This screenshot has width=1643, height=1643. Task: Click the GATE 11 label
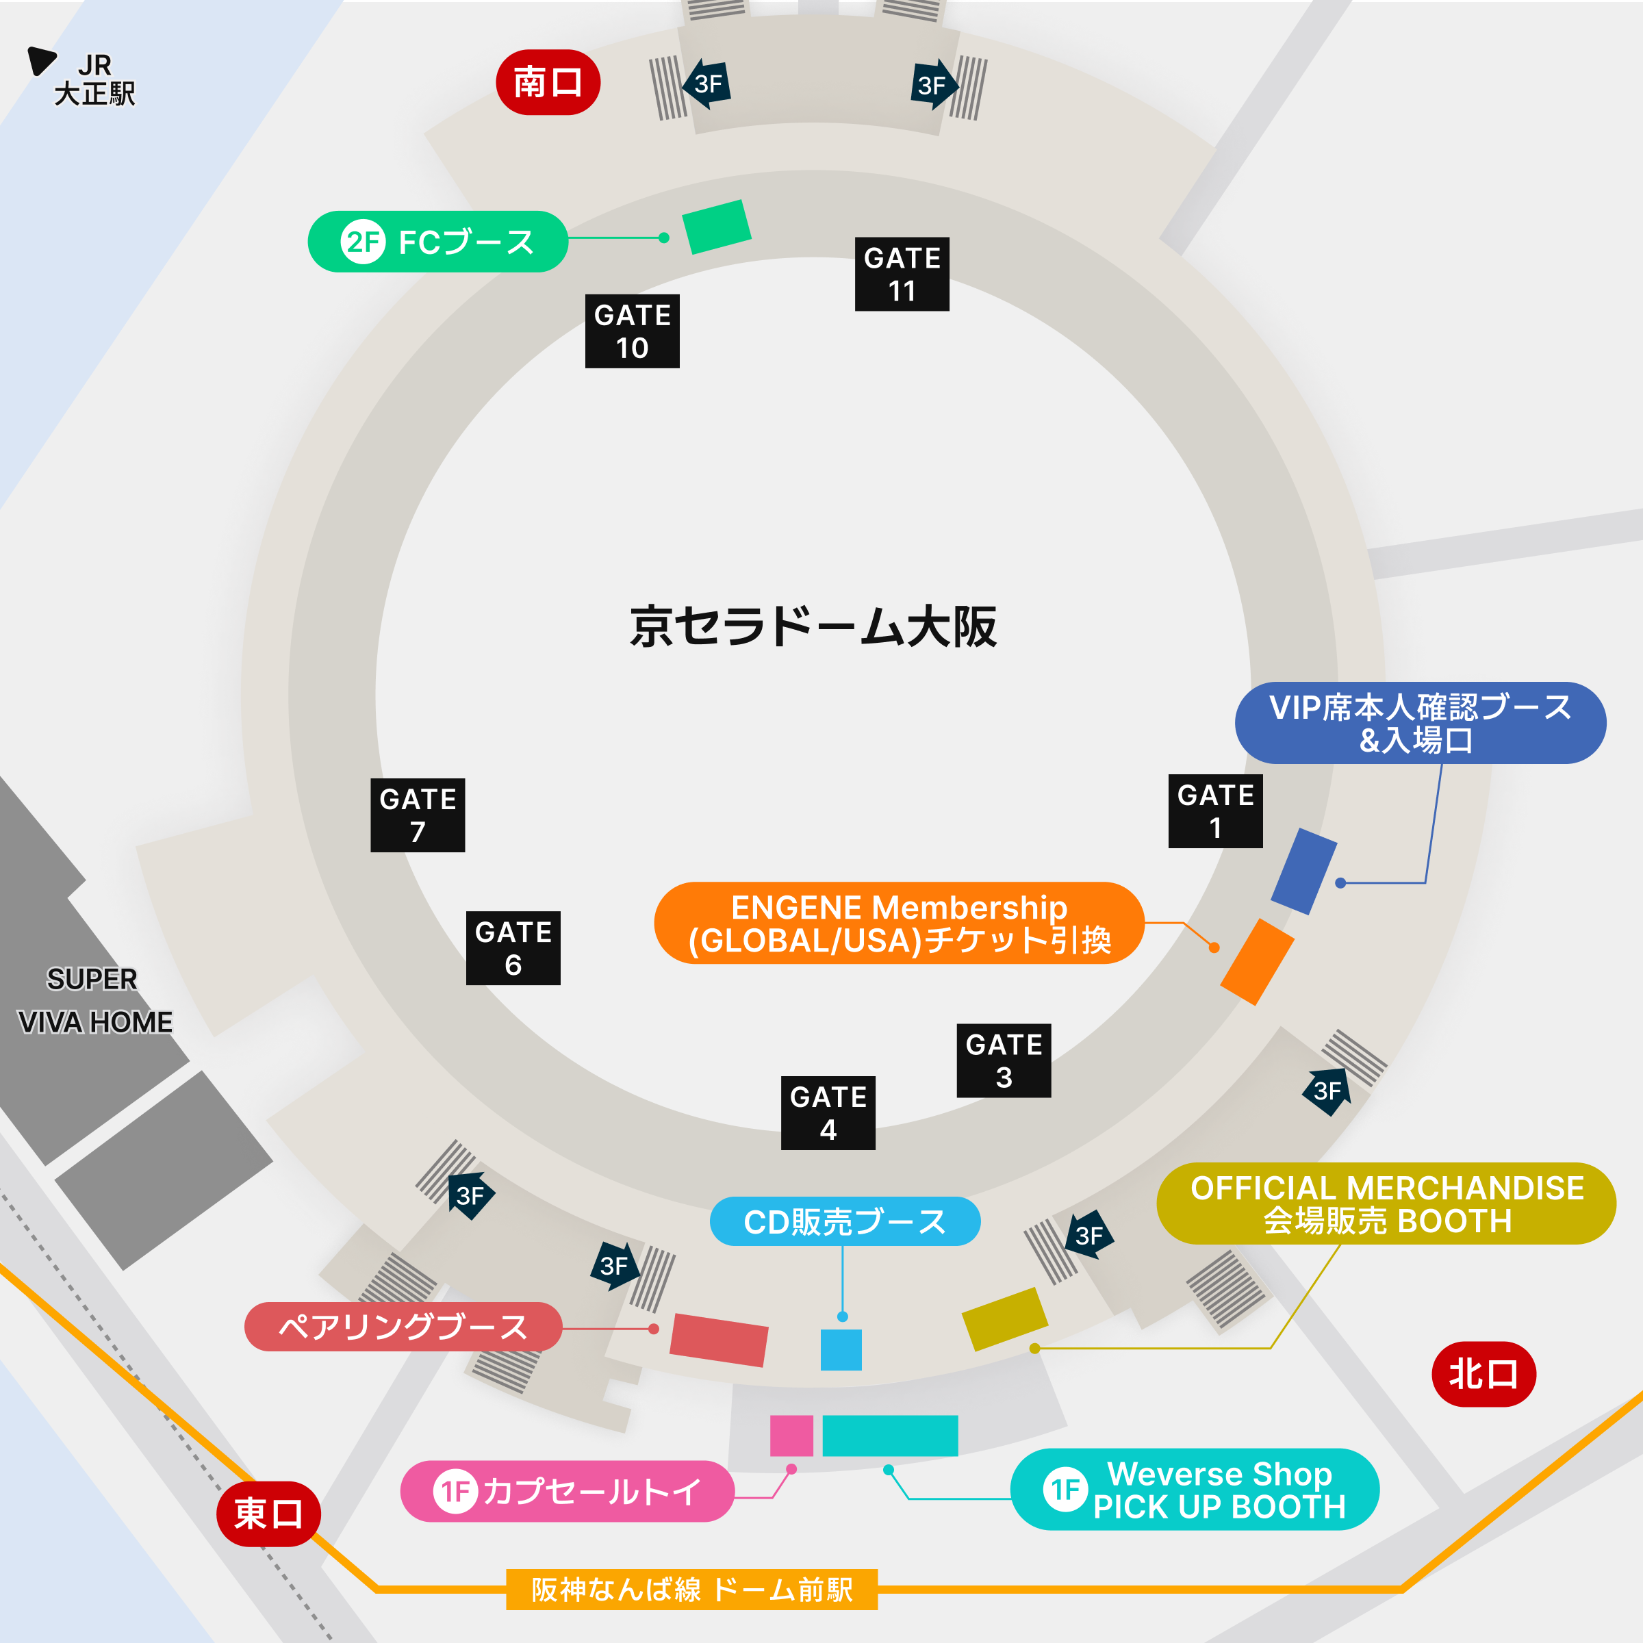(902, 274)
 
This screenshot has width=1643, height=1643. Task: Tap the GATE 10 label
(632, 331)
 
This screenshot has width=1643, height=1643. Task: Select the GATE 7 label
(418, 815)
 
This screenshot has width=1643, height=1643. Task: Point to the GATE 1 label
(1215, 811)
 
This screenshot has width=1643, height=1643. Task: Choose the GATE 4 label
(828, 1112)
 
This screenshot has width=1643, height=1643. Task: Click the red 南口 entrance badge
(548, 82)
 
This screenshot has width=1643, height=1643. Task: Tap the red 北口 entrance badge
(1483, 1373)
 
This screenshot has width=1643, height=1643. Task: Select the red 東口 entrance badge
(268, 1514)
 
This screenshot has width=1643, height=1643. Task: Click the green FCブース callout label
(437, 242)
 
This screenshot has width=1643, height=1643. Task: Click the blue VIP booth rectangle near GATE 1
(1303, 871)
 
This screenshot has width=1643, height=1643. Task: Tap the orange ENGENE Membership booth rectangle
(1257, 961)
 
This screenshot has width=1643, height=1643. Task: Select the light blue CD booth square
(840, 1349)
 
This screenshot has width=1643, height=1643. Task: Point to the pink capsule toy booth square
(791, 1436)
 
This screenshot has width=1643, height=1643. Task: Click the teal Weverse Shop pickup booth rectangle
(889, 1436)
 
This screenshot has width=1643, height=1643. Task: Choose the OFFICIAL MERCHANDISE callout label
(1386, 1203)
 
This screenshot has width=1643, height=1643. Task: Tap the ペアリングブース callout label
(403, 1327)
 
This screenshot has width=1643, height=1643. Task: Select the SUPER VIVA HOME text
(94, 1000)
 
